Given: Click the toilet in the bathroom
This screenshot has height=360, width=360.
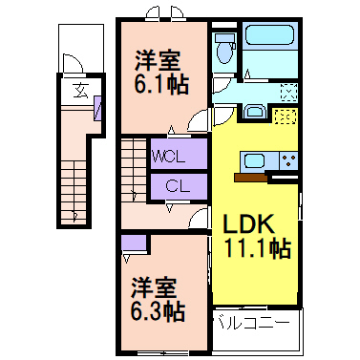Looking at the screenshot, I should (x=225, y=48).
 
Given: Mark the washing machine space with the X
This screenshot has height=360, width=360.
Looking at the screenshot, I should (x=288, y=93).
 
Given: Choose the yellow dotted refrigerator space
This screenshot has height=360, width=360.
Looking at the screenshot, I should (x=284, y=117).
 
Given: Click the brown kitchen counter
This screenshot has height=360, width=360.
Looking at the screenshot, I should (x=251, y=176).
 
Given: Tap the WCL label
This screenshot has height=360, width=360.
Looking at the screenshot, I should (x=177, y=155).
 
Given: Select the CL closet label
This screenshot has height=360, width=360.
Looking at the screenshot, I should (x=177, y=187).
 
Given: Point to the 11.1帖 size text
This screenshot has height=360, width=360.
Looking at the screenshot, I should (x=257, y=249).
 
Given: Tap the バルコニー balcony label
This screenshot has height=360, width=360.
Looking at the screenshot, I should (x=250, y=324).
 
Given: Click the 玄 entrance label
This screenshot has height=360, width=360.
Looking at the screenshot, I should (x=81, y=92).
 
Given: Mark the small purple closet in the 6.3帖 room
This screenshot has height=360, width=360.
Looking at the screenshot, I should (x=134, y=243).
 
